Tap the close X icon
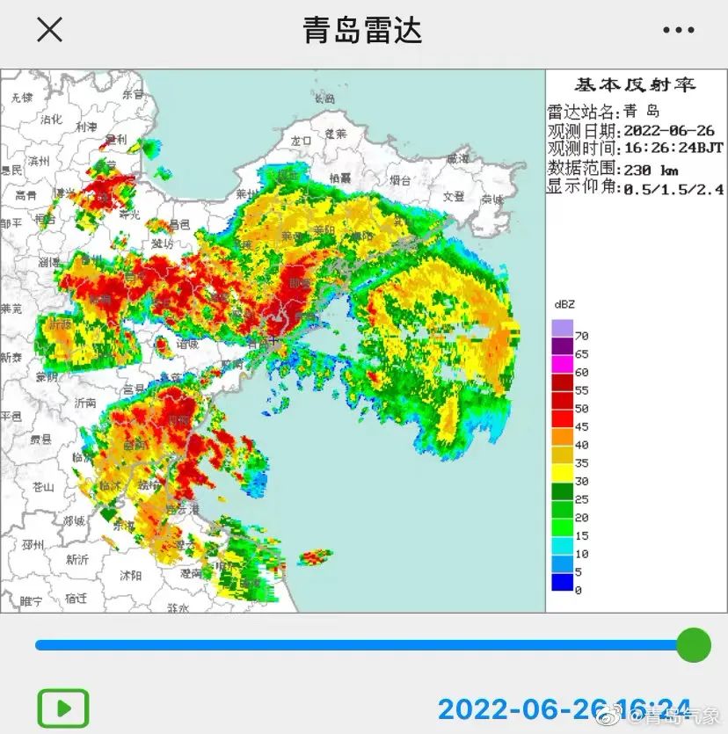[x=49, y=30]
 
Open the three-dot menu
[x=678, y=30]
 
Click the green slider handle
[x=693, y=644]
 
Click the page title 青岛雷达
[x=362, y=30]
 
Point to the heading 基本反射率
[x=635, y=85]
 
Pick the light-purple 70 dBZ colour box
[x=562, y=328]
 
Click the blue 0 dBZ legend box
[x=562, y=582]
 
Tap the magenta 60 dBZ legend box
[x=562, y=364]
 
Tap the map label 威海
[x=458, y=159]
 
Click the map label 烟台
[x=400, y=179]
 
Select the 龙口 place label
[x=301, y=140]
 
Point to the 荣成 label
[x=491, y=200]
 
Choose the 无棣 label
[x=20, y=97]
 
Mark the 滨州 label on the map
[x=39, y=161]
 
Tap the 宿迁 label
[x=76, y=599]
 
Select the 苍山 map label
[x=42, y=486]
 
